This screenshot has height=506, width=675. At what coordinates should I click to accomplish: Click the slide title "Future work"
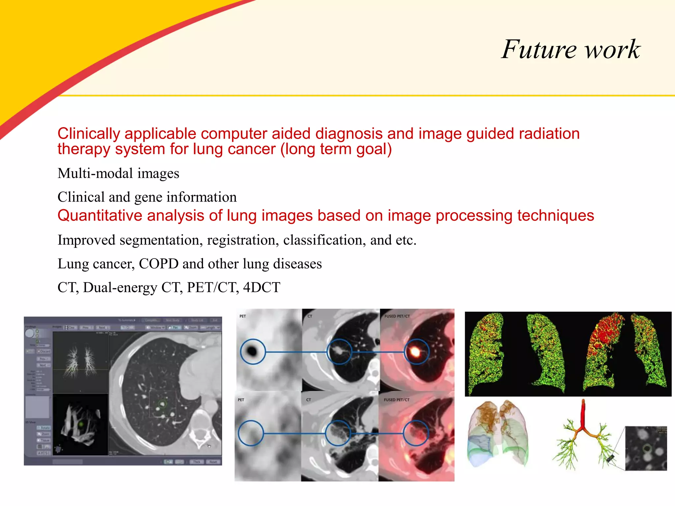571,49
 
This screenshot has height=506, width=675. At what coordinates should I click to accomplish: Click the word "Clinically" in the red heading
89,134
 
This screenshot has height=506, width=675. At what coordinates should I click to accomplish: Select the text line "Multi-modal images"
118,174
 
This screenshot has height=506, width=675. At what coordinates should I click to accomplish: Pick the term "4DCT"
262,288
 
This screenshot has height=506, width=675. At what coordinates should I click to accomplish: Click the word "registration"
243,240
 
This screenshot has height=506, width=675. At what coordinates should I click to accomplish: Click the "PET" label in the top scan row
243,316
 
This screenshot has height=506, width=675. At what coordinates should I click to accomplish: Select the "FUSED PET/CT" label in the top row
397,316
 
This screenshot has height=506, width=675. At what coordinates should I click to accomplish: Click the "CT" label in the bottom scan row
308,400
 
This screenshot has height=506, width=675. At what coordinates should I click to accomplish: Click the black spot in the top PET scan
252,351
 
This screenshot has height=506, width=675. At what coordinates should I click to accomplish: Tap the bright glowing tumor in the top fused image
415,352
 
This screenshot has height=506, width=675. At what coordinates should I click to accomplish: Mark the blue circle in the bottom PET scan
251,433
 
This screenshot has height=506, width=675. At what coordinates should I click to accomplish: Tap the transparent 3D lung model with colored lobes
498,433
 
